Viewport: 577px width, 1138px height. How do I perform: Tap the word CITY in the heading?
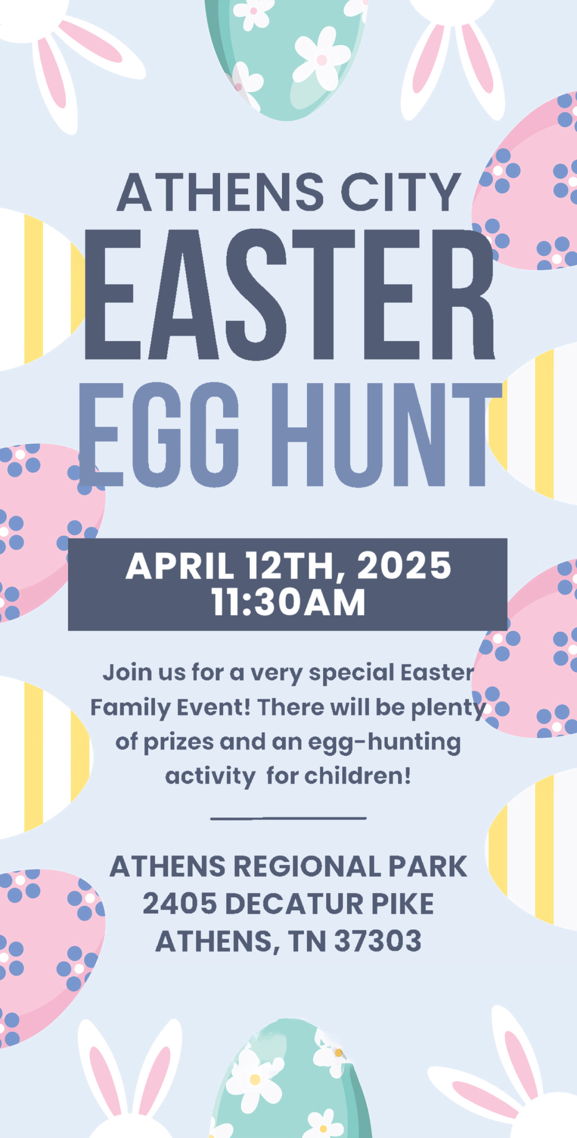[401, 192]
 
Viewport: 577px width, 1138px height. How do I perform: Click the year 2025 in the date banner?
[404, 566]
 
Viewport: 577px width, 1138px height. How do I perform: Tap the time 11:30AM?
[288, 602]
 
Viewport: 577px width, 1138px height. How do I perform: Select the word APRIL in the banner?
[180, 566]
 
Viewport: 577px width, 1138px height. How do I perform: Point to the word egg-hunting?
[384, 743]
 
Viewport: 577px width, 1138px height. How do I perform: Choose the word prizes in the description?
[179, 743]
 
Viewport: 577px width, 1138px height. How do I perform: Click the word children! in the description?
[358, 776]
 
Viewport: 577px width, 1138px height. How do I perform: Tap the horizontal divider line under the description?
[288, 818]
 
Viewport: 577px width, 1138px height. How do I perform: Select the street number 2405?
[180, 904]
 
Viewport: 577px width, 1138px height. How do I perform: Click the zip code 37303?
[378, 941]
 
